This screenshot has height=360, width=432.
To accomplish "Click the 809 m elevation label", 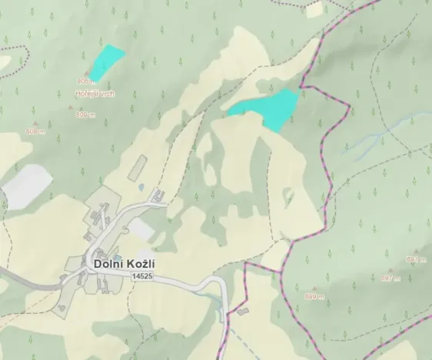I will click(85, 115).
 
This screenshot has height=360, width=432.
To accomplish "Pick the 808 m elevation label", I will click(35, 132).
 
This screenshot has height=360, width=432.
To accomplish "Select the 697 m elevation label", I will click(390, 278).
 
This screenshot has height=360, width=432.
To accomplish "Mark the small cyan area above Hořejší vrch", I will click(105, 62).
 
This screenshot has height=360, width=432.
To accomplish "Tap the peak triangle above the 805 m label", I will click(86, 74).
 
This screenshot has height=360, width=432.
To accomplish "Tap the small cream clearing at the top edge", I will click(314, 8).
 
